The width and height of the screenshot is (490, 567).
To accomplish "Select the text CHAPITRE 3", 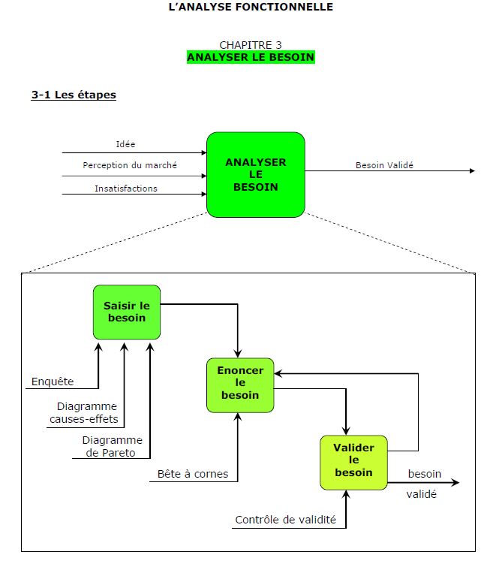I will click(x=251, y=45).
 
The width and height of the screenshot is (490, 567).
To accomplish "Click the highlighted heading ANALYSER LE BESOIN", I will click(x=251, y=57).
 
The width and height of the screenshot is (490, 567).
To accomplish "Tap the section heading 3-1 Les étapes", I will click(x=74, y=95).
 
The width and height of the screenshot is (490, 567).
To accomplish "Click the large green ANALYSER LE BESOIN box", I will click(x=255, y=174).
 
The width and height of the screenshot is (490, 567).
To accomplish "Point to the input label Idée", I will click(x=126, y=144).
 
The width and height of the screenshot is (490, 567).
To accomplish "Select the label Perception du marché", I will click(x=130, y=165).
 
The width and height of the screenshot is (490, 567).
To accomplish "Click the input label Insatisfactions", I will click(x=126, y=188).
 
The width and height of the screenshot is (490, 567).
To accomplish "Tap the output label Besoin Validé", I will click(x=384, y=165).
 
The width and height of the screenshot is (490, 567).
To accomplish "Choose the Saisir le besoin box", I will click(x=126, y=311).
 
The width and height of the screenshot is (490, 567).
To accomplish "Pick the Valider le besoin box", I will click(x=353, y=460).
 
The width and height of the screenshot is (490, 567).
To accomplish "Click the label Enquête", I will click(x=53, y=382).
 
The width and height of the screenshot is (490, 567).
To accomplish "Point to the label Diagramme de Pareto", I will click(x=112, y=446).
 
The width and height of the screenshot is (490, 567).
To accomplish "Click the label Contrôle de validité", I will click(x=285, y=519).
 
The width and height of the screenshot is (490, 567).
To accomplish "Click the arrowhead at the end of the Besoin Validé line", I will click(x=472, y=171).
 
